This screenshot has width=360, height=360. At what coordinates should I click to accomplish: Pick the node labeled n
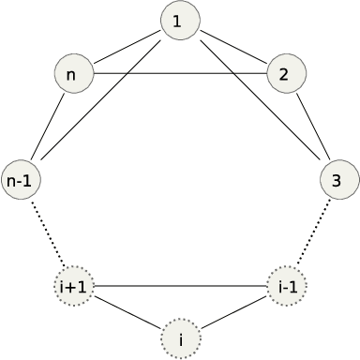tap(71, 73)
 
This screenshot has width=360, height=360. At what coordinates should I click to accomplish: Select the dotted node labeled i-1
tap(287, 285)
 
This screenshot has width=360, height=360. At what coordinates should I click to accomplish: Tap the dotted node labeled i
tap(180, 337)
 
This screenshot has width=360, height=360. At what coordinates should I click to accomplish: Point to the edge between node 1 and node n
tap(126, 47)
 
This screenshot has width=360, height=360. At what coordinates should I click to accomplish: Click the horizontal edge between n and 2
tap(178, 73)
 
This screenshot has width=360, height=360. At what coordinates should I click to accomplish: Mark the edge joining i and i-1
tap(233, 311)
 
